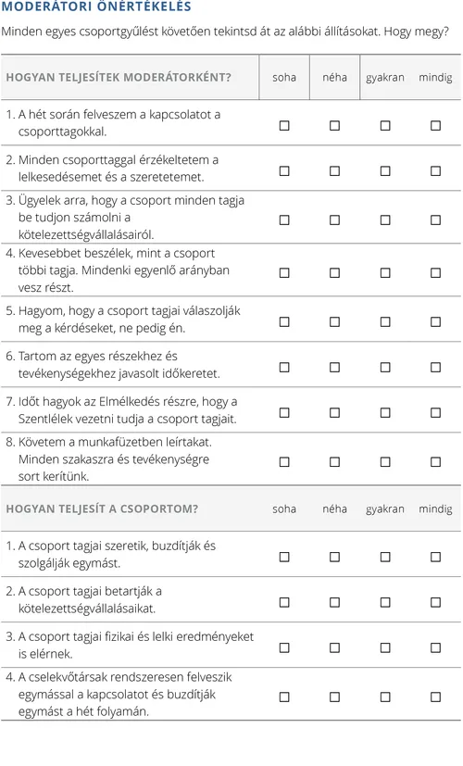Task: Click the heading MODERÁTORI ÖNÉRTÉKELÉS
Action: [97, 7]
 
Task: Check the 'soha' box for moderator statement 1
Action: [284, 124]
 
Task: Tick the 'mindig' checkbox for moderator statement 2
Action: [435, 170]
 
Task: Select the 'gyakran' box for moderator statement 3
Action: [385, 220]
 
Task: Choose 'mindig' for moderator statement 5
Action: [435, 321]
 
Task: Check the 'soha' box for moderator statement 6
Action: [284, 367]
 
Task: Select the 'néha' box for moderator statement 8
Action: [335, 460]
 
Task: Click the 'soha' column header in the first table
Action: [284, 78]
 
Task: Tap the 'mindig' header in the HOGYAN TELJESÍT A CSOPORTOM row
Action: [435, 509]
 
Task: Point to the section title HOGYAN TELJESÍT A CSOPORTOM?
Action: [102, 509]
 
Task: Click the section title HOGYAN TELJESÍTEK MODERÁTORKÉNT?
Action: [119, 78]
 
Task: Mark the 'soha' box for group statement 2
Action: [284, 601]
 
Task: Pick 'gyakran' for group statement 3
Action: [385, 647]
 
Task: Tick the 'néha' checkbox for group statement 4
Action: [335, 696]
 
